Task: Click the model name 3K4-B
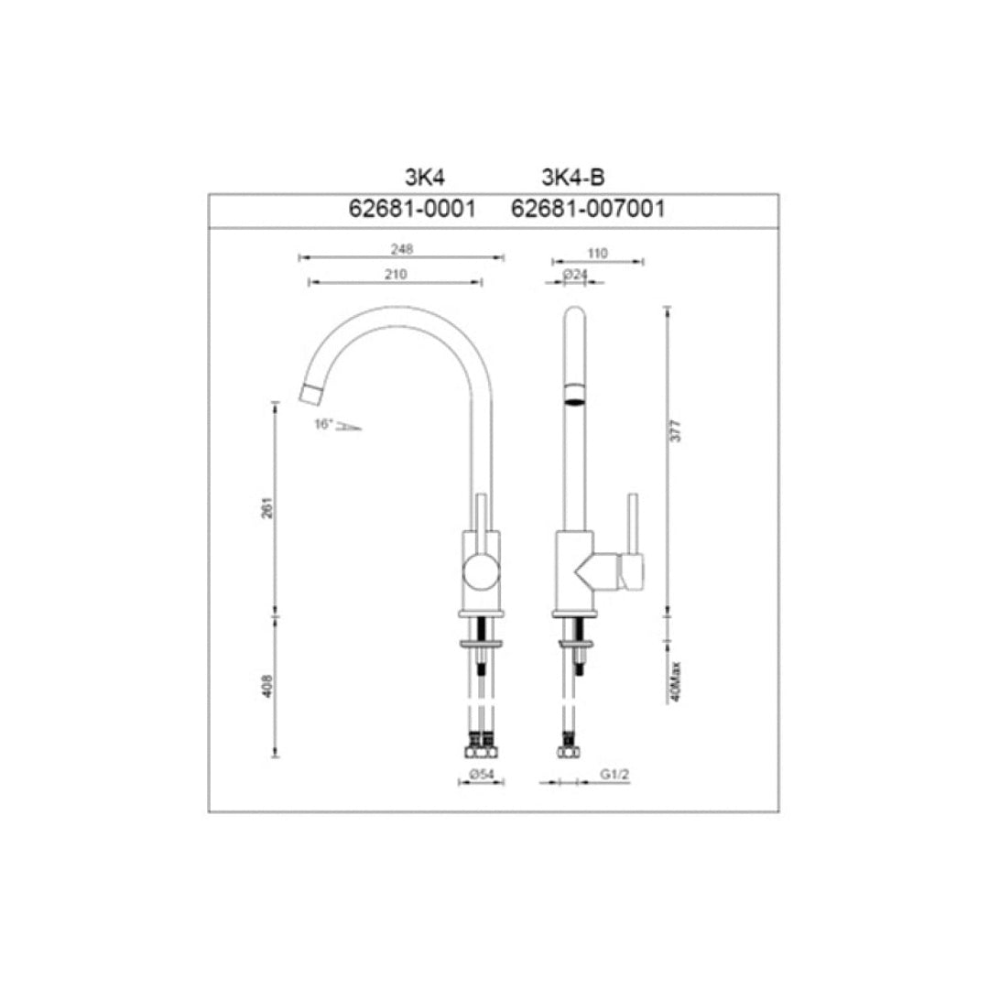[x=573, y=178]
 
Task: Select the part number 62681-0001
[x=412, y=209]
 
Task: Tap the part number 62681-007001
[x=587, y=209]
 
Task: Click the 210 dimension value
[x=396, y=273]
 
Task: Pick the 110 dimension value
[x=598, y=252]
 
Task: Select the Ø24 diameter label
[x=575, y=273]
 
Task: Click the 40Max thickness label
[x=676, y=681]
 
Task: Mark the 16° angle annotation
[x=323, y=424]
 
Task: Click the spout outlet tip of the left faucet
[x=312, y=394]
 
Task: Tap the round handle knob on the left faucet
[x=481, y=574]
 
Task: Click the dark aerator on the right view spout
[x=573, y=394]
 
